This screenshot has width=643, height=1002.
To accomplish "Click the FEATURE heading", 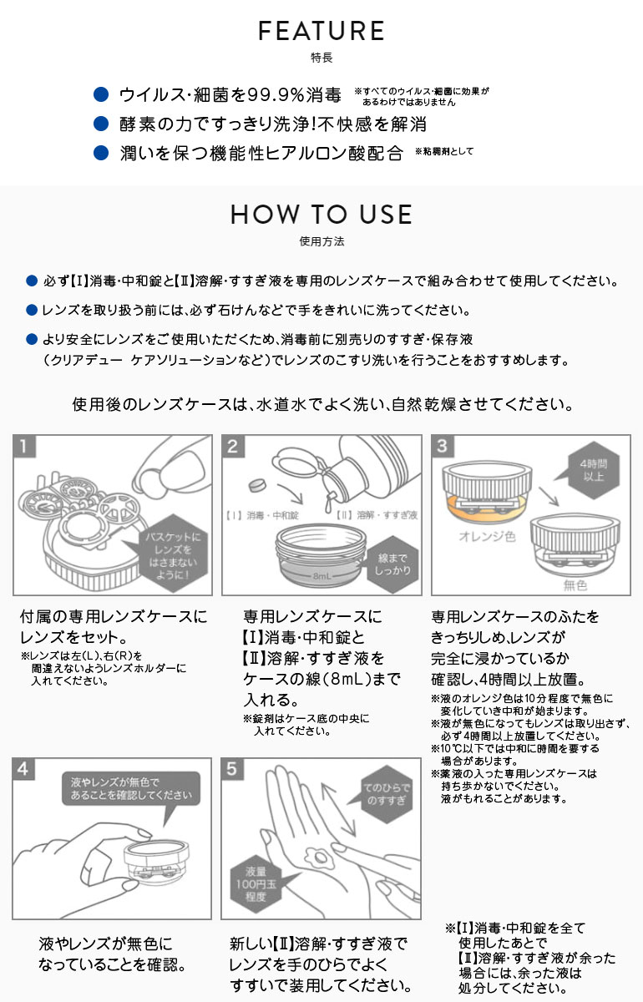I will (x=321, y=32).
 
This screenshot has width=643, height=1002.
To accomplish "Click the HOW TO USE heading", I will (x=321, y=215).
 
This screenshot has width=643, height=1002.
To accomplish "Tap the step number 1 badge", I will (x=26, y=446).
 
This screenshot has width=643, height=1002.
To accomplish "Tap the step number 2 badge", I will (x=234, y=446).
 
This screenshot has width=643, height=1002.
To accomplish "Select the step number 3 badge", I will (x=443, y=446).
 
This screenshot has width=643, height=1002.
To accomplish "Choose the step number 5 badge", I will (x=234, y=769).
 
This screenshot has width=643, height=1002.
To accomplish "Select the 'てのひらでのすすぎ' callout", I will (x=386, y=793).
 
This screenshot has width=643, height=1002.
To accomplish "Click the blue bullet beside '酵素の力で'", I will (x=101, y=124).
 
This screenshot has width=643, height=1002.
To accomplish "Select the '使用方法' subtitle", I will (x=321, y=241).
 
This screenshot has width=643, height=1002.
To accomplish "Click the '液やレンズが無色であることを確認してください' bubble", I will (x=131, y=787).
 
